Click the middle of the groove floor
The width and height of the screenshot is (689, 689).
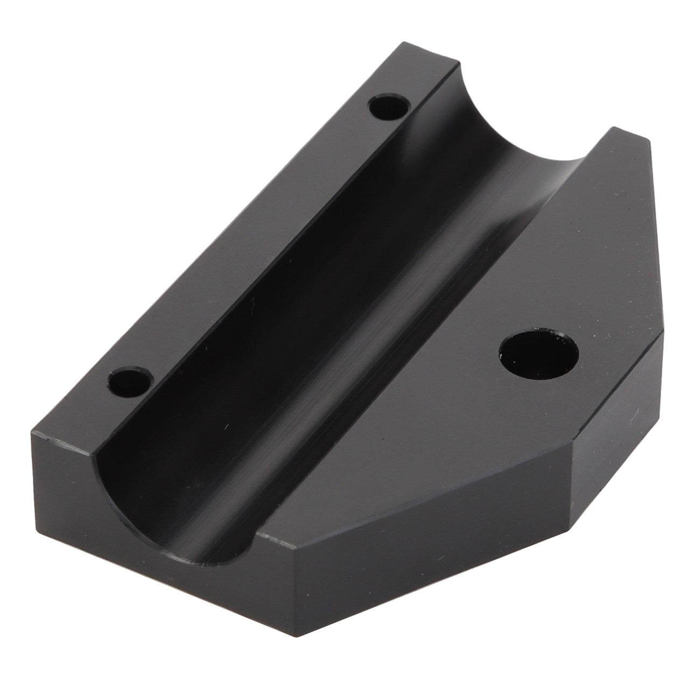[301, 301]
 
